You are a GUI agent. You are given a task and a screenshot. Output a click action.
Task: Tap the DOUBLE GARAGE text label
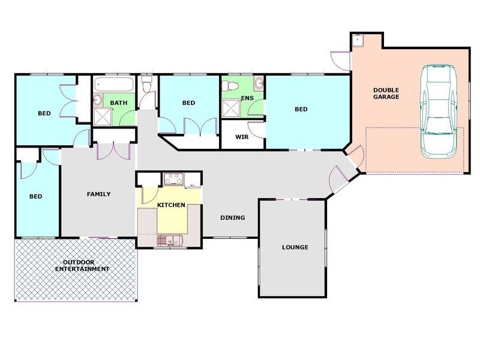point(386,93)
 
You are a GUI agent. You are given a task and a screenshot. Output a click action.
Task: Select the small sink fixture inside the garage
point(358,40)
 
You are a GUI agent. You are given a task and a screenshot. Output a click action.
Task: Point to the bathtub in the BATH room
point(114,83)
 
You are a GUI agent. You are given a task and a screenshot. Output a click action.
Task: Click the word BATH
point(118,103)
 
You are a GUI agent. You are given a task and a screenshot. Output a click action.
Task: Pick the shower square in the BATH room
point(101,115)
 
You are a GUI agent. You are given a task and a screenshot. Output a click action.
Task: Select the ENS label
point(247,97)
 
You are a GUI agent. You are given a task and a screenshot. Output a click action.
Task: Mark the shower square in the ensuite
point(230,108)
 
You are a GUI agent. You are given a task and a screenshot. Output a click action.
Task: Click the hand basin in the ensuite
point(259,83)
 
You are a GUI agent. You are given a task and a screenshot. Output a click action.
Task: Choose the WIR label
point(242,137)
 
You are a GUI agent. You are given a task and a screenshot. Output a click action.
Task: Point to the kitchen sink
point(169,241)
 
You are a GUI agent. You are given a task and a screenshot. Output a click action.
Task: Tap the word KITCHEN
point(171,205)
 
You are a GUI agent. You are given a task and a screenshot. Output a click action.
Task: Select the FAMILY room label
point(98,194)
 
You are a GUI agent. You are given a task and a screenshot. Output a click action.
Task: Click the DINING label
point(232,218)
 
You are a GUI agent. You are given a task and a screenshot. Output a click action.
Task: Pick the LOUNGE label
point(295,247)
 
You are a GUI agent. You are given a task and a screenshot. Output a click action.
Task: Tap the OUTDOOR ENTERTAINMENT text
point(82,265)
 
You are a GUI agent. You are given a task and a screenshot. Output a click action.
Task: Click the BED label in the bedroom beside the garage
point(301,109)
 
